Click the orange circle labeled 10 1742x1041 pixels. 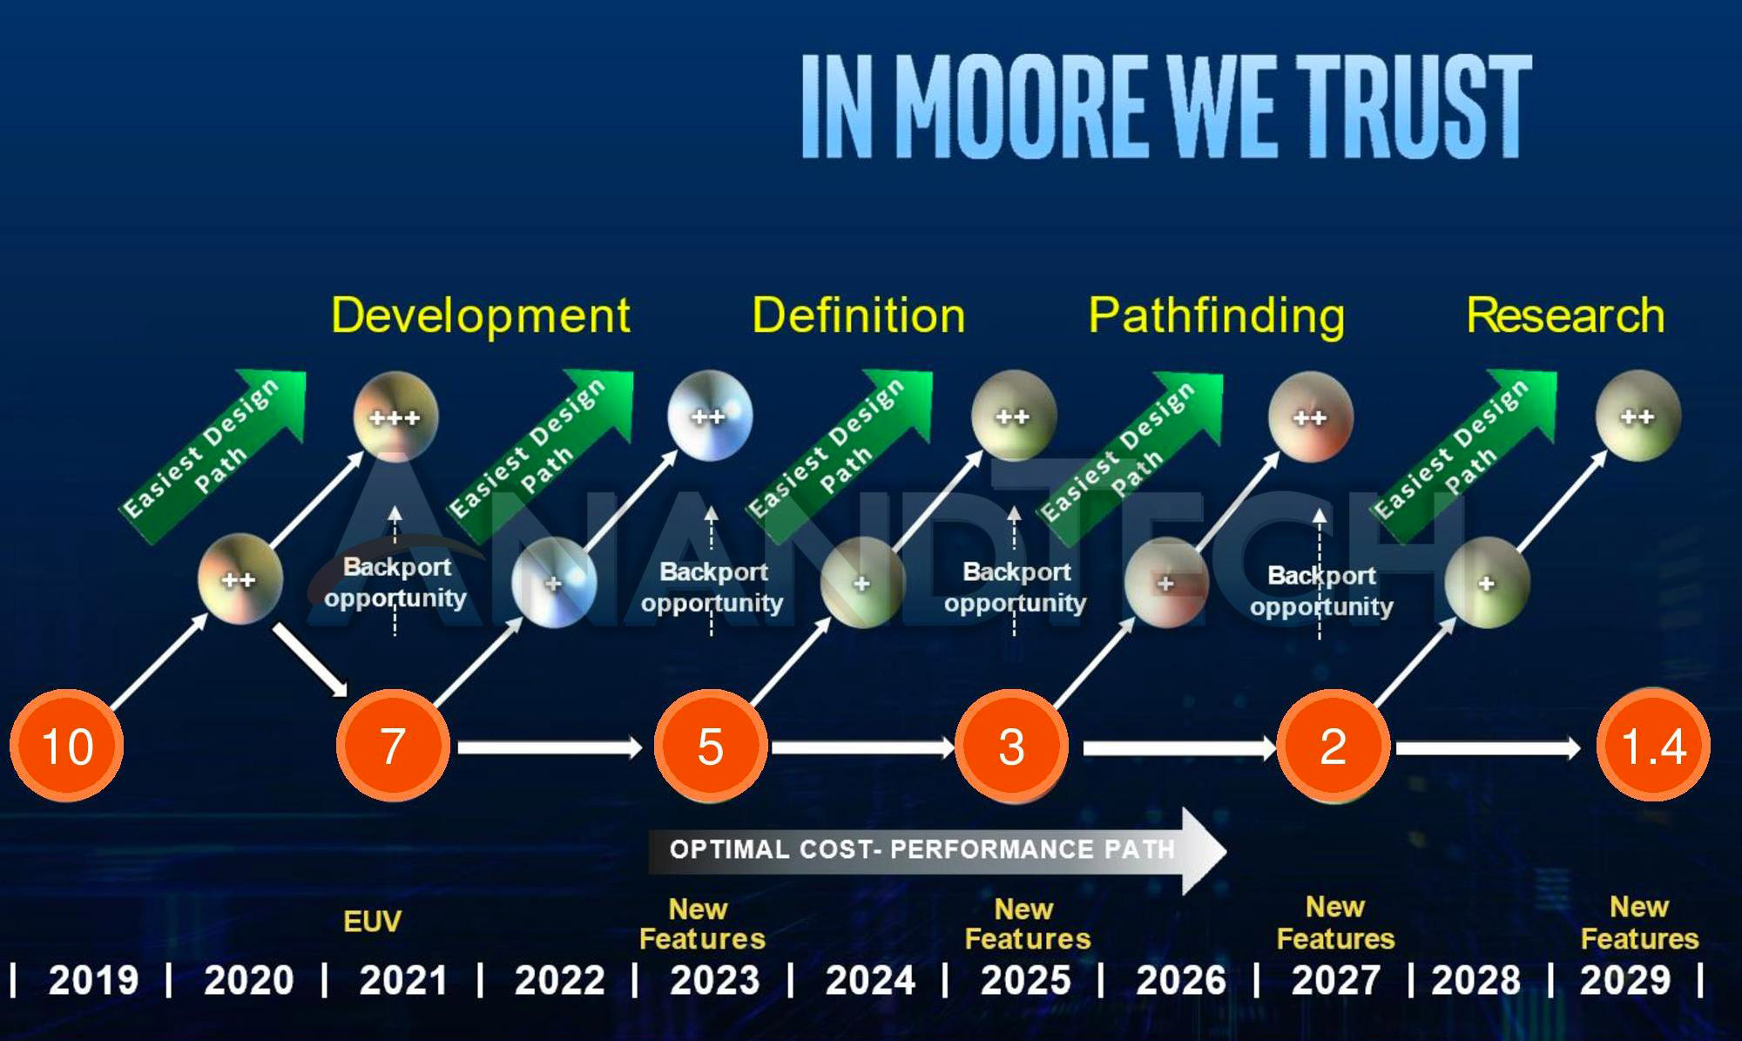pos(66,746)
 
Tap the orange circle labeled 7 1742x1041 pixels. pos(393,746)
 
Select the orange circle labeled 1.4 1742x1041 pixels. pos(1652,746)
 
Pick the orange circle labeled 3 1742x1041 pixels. pos(1011,746)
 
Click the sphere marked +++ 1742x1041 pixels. pos(395,416)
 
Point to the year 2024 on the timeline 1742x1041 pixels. pos(870,980)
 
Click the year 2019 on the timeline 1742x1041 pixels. pos(93,980)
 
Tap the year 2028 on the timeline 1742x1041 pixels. pos(1475,980)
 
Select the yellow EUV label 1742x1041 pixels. pos(372,921)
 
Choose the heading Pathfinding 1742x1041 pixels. pos(1216,314)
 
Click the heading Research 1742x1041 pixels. pos(1565,314)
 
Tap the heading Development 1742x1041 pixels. pos(480,314)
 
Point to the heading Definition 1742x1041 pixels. pos(858,314)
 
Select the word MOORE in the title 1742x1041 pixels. pos(1019,106)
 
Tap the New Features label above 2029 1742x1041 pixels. pos(1638,923)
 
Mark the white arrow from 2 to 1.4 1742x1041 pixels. pos(1488,747)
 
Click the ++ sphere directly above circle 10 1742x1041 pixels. pos(240,579)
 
